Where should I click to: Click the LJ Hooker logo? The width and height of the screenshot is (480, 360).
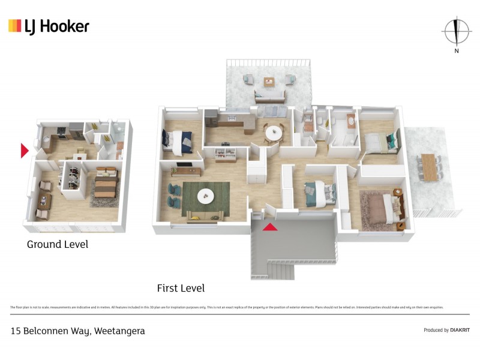click(49, 26)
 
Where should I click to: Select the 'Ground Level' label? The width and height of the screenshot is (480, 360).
click(58, 244)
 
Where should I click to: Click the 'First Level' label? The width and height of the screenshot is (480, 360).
click(181, 288)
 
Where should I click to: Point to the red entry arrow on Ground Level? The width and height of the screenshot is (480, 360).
click(25, 151)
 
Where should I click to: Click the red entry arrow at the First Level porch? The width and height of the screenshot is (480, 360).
click(271, 227)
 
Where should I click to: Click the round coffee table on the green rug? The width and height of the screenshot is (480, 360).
click(206, 194)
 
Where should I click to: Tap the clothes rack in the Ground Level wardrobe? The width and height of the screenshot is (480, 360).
click(73, 175)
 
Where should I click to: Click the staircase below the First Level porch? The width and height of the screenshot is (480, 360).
click(280, 269)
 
